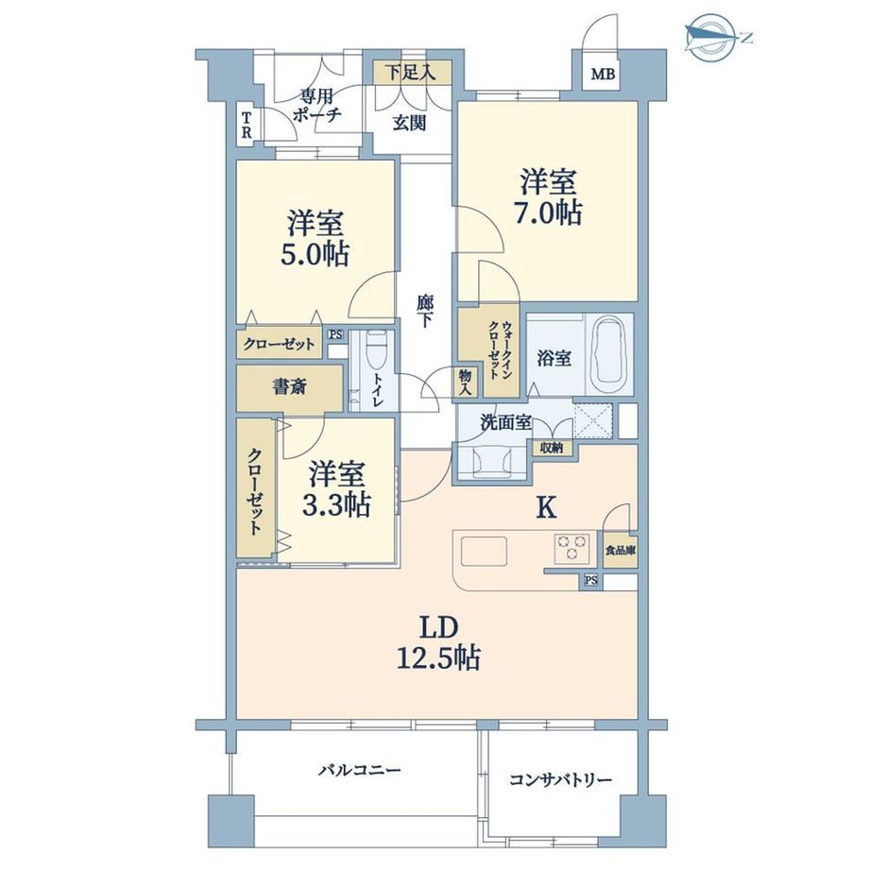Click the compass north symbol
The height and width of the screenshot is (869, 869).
pyautogui.click(x=716, y=37)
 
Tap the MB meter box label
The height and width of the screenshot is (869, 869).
pyautogui.click(x=603, y=74)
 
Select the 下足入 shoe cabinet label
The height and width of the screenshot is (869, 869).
pyautogui.click(x=411, y=72)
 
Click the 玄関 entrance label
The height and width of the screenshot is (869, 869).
pyautogui.click(x=410, y=123)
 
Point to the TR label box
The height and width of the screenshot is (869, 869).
pyautogui.click(x=246, y=126)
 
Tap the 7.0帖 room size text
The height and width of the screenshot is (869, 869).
pyautogui.click(x=549, y=213)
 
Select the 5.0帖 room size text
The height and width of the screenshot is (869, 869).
pyautogui.click(x=315, y=255)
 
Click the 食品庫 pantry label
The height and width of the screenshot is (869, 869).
pyautogui.click(x=621, y=551)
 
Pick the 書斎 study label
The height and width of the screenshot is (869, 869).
pyautogui.click(x=289, y=387)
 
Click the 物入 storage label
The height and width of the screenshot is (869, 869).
pyautogui.click(x=466, y=383)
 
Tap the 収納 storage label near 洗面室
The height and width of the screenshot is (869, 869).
pyautogui.click(x=552, y=448)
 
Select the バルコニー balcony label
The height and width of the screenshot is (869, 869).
pyautogui.click(x=359, y=771)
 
